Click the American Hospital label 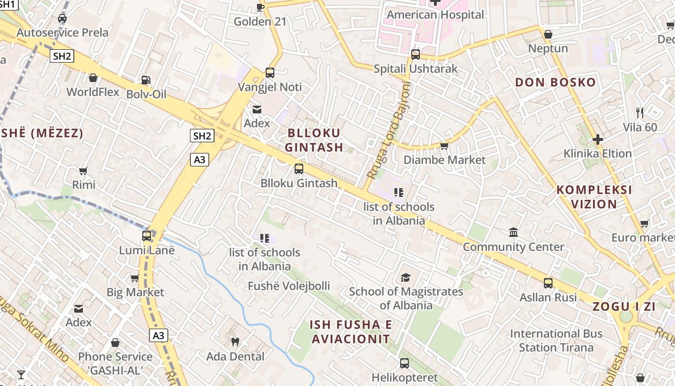pyautogui.click(x=435, y=15)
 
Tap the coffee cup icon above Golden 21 pyautogui.click(x=260, y=7)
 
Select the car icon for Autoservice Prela pyautogui.click(x=62, y=19)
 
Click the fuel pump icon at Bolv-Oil pyautogui.click(x=146, y=80)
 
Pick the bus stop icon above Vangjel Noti pyautogui.click(x=270, y=73)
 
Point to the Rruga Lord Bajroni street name pyautogui.click(x=389, y=129)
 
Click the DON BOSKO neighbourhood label pyautogui.click(x=555, y=83)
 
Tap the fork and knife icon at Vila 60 pyautogui.click(x=640, y=113)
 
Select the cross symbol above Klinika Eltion pyautogui.click(x=598, y=140)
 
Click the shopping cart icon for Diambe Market pyautogui.click(x=444, y=146)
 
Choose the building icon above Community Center pyautogui.click(x=513, y=233)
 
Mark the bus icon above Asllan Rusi pyautogui.click(x=548, y=283)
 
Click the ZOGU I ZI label pyautogui.click(x=624, y=306)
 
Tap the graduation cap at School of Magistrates pyautogui.click(x=405, y=278)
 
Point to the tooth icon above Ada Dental pyautogui.click(x=235, y=342)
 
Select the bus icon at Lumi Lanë pyautogui.click(x=147, y=236)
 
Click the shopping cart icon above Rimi pyautogui.click(x=83, y=171)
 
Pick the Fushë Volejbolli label pyautogui.click(x=289, y=286)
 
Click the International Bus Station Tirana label pyautogui.click(x=556, y=340)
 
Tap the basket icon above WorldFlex pyautogui.click(x=93, y=78)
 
